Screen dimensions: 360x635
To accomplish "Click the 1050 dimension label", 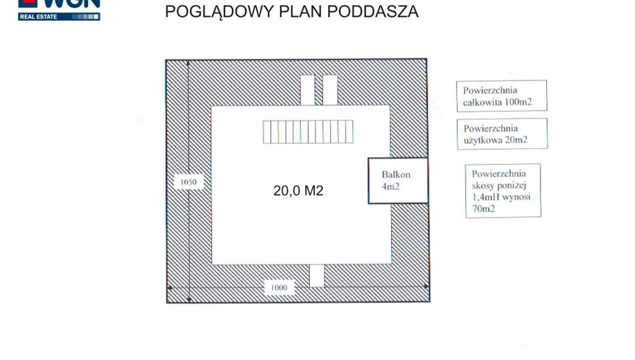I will [188, 182].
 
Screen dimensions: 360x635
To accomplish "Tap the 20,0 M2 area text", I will [298, 191].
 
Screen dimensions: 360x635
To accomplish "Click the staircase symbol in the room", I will [308, 132].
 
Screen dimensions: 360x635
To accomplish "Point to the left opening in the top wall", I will [307, 90].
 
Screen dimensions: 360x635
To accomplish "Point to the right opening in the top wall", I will [330, 90].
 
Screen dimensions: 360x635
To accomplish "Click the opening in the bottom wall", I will [316, 275].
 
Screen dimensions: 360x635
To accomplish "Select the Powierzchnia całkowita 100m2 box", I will [501, 96].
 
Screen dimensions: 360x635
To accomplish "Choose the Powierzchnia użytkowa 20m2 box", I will [502, 134].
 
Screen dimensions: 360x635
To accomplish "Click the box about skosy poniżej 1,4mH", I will [503, 191].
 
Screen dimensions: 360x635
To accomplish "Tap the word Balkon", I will [396, 175].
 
